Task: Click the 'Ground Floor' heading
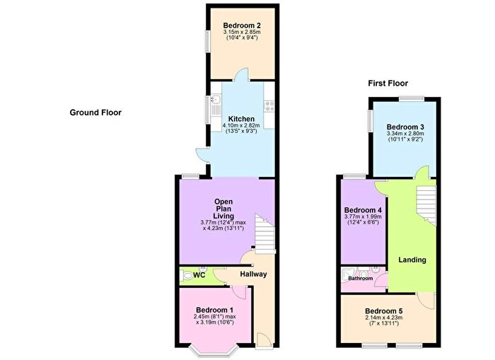(x=95, y=112)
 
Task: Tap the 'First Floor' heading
(x=387, y=83)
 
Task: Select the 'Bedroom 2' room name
(x=242, y=25)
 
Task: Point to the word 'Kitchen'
(x=242, y=118)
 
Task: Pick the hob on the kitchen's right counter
(x=269, y=107)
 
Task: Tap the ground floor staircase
(x=264, y=234)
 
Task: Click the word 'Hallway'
(x=252, y=274)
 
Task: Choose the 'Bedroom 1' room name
(x=214, y=310)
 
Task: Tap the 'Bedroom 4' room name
(x=363, y=210)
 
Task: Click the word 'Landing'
(x=412, y=260)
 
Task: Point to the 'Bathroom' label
(x=360, y=279)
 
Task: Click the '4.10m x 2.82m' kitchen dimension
(x=242, y=126)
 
